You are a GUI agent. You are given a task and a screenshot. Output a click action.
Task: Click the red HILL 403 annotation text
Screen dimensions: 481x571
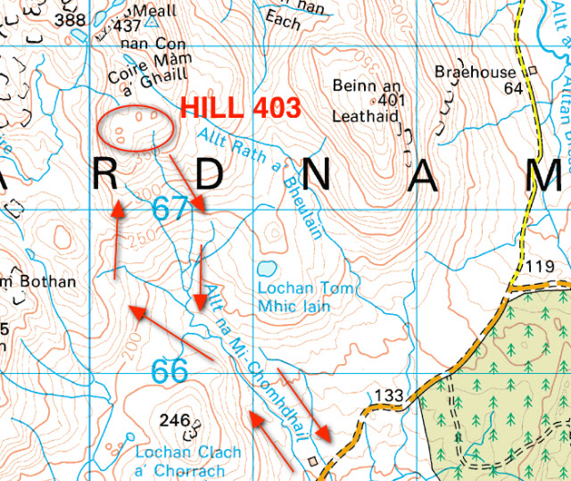(x=239, y=107)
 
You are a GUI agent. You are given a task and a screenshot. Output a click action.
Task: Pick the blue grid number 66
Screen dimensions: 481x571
(x=170, y=370)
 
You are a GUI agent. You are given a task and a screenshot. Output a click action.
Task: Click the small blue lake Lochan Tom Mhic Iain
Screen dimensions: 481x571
(x=266, y=269)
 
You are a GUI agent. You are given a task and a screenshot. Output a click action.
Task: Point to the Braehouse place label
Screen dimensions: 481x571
(x=475, y=71)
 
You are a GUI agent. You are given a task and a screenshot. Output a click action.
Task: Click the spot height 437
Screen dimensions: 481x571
(x=128, y=25)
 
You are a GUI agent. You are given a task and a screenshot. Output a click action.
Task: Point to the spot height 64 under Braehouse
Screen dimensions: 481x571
(x=512, y=87)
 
